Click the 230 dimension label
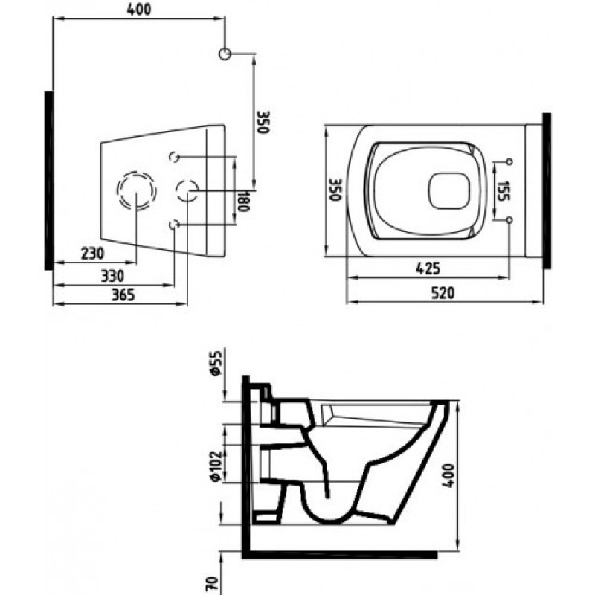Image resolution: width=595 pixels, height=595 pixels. (92, 254)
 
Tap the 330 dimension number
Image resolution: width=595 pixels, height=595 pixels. (112, 276)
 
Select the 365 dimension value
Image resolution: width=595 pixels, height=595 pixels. (123, 295)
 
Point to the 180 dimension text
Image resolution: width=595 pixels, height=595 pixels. (243, 201)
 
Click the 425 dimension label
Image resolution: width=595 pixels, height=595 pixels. (428, 268)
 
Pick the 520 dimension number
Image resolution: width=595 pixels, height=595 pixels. (443, 293)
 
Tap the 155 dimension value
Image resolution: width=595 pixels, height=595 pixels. (503, 191)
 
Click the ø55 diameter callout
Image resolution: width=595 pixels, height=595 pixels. (216, 364)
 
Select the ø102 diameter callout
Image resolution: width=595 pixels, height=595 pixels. (216, 466)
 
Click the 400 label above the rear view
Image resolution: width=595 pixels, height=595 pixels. (138, 10)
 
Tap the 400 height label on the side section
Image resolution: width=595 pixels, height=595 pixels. (448, 475)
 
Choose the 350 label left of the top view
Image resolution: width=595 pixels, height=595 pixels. (336, 190)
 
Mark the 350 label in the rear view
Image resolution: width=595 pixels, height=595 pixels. (263, 122)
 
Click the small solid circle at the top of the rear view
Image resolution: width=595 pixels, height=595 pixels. (225, 54)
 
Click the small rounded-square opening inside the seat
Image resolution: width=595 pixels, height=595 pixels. (450, 191)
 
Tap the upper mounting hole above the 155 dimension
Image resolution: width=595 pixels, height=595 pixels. (509, 161)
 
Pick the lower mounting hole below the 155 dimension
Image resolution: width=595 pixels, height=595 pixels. (509, 219)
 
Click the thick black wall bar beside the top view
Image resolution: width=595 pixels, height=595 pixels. (547, 190)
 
